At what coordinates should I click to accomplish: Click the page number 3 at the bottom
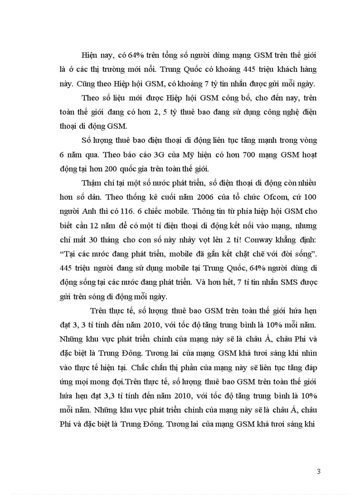[x=319, y=472]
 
